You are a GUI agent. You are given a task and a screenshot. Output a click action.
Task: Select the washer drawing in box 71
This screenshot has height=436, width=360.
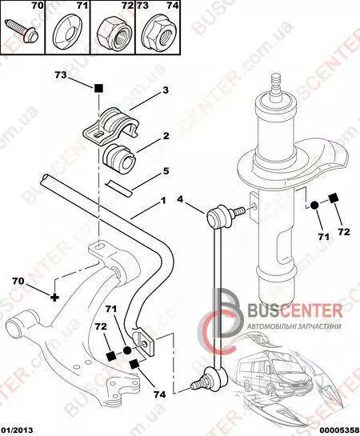[67, 34]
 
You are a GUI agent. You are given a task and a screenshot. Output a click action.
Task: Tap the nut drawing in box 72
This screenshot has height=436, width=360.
[113, 34]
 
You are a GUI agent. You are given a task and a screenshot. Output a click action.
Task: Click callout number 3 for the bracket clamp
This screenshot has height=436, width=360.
[166, 90]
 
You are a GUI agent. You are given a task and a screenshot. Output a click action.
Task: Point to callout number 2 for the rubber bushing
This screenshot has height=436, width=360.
[166, 136]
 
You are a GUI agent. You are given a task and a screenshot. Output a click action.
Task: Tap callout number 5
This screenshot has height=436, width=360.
[166, 171]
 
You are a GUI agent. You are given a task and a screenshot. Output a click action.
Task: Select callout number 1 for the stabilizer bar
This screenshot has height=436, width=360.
[163, 201]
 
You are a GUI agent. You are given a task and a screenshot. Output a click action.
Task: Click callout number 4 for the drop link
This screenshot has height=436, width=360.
[180, 199]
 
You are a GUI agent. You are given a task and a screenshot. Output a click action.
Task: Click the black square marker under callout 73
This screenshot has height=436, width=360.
[98, 89]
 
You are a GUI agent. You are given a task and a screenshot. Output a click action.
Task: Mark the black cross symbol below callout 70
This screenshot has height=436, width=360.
[55, 298]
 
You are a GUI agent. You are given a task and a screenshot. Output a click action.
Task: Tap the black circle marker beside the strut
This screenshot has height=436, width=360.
[314, 206]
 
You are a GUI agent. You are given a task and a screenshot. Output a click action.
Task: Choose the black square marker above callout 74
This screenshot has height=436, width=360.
[134, 364]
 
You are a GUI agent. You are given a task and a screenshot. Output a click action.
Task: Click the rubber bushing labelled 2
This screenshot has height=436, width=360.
[118, 159]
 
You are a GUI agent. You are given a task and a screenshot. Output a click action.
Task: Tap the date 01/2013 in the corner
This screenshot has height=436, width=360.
[17, 430]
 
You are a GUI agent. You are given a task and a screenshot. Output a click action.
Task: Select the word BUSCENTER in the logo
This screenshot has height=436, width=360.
[295, 310]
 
